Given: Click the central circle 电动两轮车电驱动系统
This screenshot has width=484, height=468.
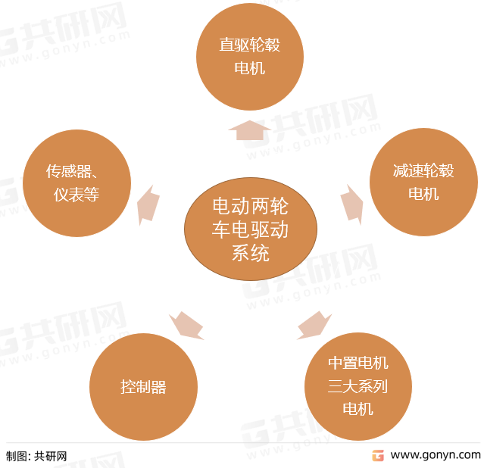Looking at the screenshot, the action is (x=251, y=229).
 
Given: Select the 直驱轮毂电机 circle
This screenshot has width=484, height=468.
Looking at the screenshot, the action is (x=250, y=57).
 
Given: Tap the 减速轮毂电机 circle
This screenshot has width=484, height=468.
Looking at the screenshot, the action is (x=424, y=182).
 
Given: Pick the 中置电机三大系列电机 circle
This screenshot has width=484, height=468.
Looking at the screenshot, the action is (x=358, y=386).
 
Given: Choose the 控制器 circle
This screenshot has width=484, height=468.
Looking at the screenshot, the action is (x=143, y=387).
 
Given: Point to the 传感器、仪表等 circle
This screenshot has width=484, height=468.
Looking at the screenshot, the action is (x=77, y=183).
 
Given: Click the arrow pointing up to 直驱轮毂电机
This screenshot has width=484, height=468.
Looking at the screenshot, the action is (x=250, y=130).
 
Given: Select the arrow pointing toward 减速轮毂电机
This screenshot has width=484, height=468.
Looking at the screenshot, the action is (x=352, y=204).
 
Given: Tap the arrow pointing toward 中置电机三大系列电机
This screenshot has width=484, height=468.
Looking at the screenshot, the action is (x=314, y=326).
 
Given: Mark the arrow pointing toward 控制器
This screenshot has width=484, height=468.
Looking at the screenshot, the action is (x=186, y=326).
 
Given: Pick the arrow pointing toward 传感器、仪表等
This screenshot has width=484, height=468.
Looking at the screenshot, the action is (x=148, y=205).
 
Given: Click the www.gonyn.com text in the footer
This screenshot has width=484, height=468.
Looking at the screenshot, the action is (x=436, y=455).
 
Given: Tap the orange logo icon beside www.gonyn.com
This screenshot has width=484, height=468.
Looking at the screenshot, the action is (x=378, y=456).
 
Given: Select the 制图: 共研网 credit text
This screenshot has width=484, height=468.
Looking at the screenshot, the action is (x=36, y=457).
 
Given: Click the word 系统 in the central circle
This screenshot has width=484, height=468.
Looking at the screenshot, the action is (x=251, y=253).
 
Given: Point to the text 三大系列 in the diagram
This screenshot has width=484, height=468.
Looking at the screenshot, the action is (x=358, y=386).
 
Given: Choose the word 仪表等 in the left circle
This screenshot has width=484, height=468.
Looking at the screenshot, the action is (x=77, y=195).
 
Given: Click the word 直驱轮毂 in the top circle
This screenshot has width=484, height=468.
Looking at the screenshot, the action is (x=250, y=45).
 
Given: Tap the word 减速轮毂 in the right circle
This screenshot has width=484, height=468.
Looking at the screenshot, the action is (x=423, y=170).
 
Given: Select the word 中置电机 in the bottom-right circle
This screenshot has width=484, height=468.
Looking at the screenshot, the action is (x=358, y=363).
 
